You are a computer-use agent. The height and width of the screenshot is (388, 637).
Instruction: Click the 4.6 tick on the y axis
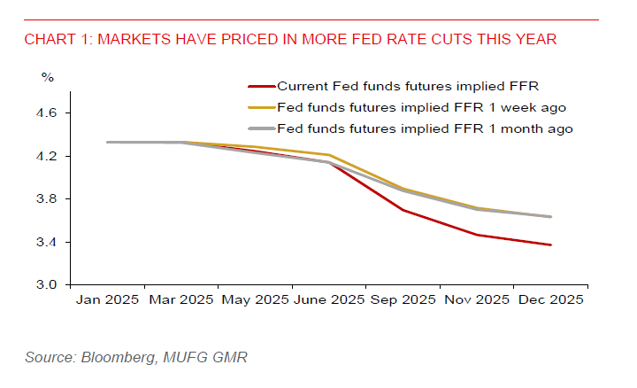pos(47,113)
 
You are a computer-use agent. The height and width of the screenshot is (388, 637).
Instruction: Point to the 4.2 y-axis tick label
pos(47,157)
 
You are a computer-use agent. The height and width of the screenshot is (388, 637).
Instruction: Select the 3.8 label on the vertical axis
pos(47,199)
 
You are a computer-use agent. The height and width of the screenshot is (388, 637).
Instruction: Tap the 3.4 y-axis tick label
pos(47,242)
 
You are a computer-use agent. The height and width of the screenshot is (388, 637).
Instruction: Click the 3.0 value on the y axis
pos(47,285)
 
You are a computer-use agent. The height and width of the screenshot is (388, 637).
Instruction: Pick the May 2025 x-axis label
pos(254,300)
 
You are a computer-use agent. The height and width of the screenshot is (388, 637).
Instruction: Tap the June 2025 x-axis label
pos(328,300)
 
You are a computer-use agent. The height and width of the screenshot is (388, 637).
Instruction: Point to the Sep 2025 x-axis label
pos(403,300)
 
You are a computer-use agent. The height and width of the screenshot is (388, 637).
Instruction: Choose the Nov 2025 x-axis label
pos(476,300)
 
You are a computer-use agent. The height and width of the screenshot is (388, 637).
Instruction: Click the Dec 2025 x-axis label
pos(550,300)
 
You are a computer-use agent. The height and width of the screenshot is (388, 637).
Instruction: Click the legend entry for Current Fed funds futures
pos(408,86)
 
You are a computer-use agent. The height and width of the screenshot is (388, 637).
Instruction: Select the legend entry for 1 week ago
pos(421,107)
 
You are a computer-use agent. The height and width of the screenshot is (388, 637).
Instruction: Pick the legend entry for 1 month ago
pos(425,128)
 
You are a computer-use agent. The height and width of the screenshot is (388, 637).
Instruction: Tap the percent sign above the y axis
pos(47,77)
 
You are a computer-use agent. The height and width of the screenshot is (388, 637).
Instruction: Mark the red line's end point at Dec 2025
pos(550,244)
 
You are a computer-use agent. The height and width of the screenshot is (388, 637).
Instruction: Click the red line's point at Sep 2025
pos(403,210)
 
